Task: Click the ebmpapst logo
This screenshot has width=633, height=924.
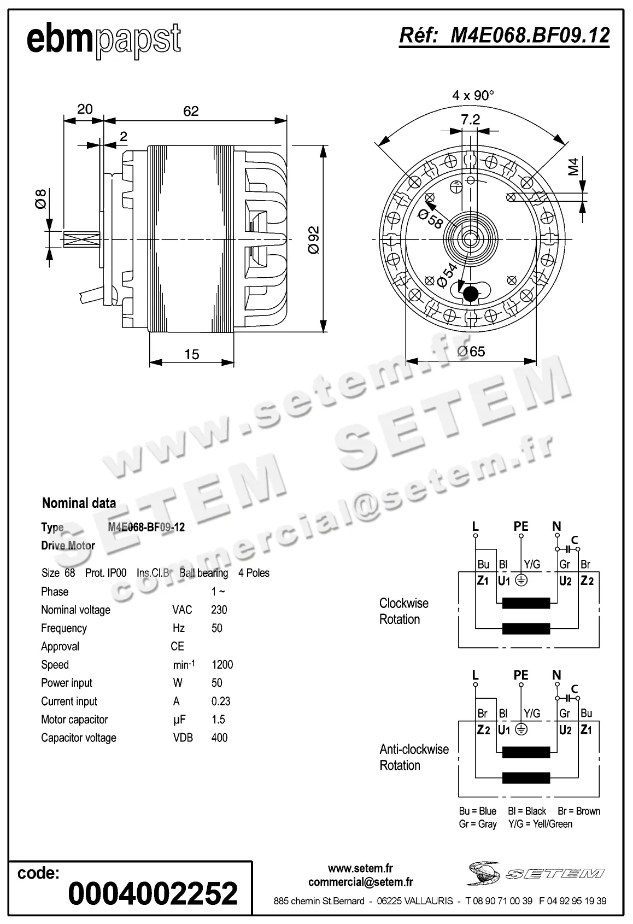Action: click(x=104, y=39)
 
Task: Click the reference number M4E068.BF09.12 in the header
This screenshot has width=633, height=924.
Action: click(x=504, y=36)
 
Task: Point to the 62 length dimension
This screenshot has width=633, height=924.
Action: click(x=191, y=112)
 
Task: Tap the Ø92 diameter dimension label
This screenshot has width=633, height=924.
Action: click(x=314, y=239)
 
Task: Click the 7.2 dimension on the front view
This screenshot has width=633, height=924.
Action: click(x=470, y=119)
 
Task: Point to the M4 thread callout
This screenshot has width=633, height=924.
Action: click(x=573, y=166)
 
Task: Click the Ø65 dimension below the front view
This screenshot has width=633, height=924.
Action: click(x=471, y=352)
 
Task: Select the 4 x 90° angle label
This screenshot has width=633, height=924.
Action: click(x=473, y=95)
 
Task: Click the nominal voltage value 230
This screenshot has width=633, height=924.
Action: click(x=219, y=610)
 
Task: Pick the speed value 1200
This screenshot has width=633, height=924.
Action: click(x=222, y=664)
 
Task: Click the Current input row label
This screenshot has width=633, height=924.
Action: click(x=69, y=701)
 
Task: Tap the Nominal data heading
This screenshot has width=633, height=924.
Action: click(x=79, y=503)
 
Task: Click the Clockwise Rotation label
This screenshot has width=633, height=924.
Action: click(x=403, y=611)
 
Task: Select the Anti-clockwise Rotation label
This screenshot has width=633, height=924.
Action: click(x=414, y=757)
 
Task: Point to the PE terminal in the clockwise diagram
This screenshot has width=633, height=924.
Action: click(x=521, y=526)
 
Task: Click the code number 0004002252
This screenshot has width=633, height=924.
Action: click(x=153, y=893)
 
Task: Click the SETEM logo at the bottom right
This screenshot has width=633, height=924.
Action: click(x=536, y=873)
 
